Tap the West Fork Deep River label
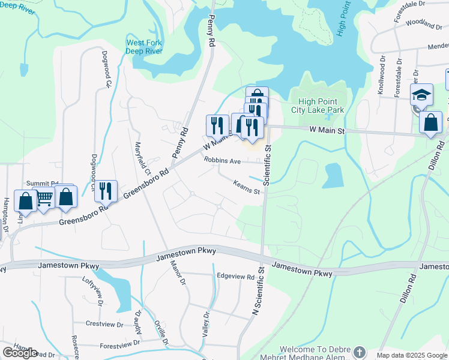click(x=143, y=46)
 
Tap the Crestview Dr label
click(x=104, y=324)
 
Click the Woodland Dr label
click(x=423, y=24)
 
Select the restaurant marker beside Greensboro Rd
click(x=106, y=191)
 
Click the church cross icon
click(x=359, y=352)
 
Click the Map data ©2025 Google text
click(x=411, y=355)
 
